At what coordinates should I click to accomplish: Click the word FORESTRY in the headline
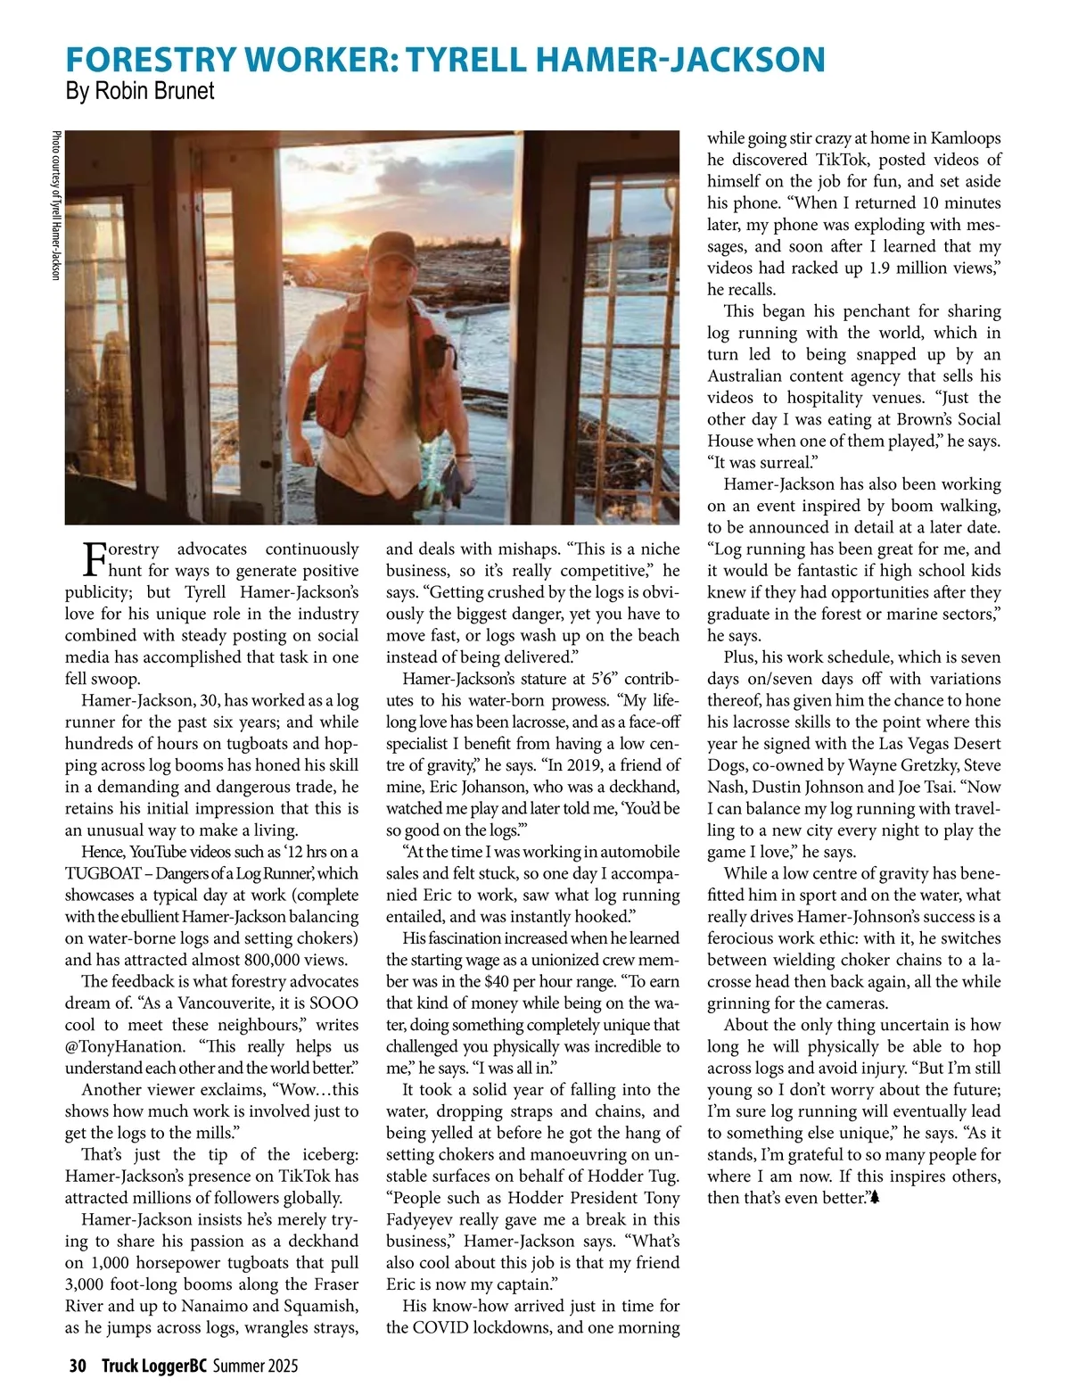152,59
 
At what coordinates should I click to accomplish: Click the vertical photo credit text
56,206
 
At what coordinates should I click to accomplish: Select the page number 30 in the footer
78,1366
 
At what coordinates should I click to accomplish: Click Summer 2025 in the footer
255,1366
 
